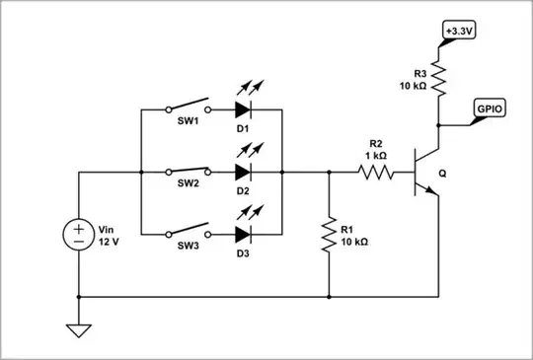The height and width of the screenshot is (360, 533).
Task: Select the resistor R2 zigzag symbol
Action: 376,172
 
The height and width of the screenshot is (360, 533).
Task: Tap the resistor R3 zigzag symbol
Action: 436,77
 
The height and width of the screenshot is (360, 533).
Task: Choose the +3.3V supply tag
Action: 458,32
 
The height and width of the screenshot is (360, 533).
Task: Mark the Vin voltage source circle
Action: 77,235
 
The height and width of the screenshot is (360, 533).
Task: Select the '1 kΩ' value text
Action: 376,155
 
